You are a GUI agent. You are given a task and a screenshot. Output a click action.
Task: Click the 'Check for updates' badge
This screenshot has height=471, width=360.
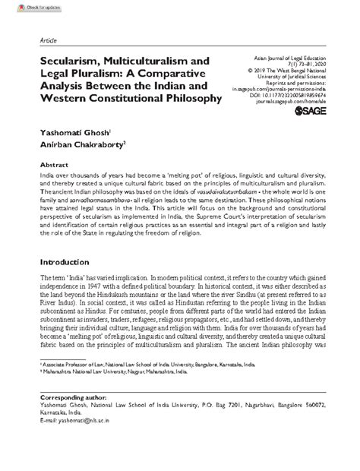click(x=23, y=7)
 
